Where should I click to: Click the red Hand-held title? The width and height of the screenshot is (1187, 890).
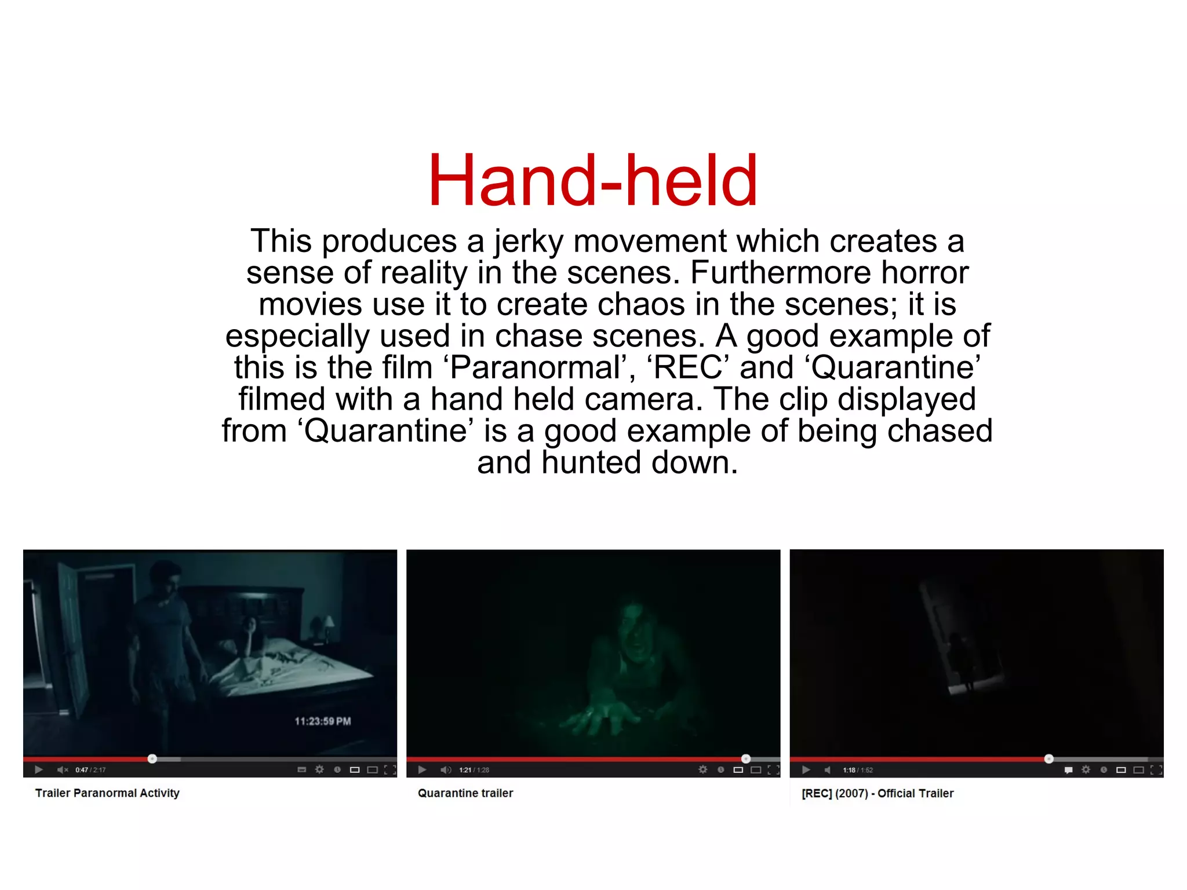coord(592,180)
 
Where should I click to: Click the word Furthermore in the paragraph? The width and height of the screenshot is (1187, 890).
coord(780,272)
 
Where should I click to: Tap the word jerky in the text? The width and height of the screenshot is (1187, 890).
coord(528,241)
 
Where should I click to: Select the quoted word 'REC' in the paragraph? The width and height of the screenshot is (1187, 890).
coord(688,367)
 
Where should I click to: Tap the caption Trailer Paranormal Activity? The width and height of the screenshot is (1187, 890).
coord(107,793)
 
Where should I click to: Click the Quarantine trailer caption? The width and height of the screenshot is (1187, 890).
coord(465,793)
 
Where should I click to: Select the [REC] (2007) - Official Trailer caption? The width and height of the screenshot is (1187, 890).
coord(877,793)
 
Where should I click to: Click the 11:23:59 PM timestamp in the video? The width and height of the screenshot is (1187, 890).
coord(323,721)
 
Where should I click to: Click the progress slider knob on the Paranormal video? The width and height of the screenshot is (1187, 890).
coord(152,758)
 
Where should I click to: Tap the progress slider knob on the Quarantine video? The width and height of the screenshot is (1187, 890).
coord(746,758)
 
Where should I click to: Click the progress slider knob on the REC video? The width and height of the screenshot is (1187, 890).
coord(1048,758)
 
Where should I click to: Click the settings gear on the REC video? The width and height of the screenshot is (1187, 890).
coord(1086,769)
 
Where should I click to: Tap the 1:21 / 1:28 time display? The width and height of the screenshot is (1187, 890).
coord(474,770)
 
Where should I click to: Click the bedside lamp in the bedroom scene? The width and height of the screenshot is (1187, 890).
coord(329,623)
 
